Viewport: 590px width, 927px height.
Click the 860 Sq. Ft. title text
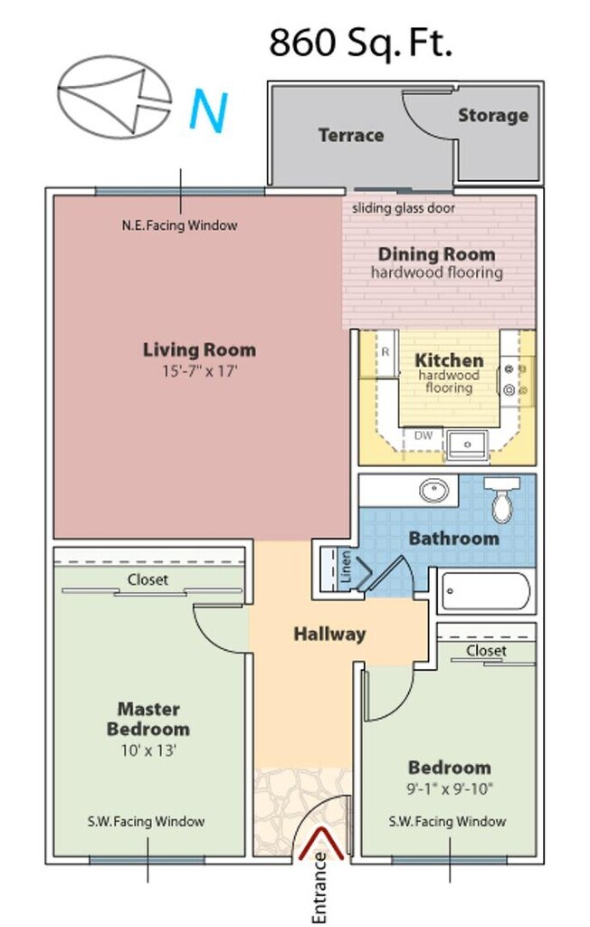click(361, 43)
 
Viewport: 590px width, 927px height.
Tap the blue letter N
click(208, 111)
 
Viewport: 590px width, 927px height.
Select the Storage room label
click(493, 115)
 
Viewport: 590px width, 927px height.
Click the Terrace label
click(351, 136)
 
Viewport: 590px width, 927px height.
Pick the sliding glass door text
click(404, 208)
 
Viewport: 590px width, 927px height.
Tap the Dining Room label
click(436, 254)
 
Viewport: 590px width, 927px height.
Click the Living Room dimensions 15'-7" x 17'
click(200, 371)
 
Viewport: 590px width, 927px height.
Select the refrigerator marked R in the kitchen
click(386, 353)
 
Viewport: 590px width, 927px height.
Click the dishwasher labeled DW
click(423, 435)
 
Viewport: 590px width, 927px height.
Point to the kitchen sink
click(467, 444)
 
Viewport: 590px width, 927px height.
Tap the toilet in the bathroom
click(502, 499)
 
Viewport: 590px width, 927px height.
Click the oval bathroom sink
click(434, 490)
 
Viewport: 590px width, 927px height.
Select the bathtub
click(484, 591)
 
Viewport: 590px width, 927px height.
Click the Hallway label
click(330, 635)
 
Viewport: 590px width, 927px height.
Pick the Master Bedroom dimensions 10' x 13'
click(149, 750)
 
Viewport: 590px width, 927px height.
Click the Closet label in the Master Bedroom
click(147, 579)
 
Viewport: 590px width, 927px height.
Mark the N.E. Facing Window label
click(180, 225)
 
